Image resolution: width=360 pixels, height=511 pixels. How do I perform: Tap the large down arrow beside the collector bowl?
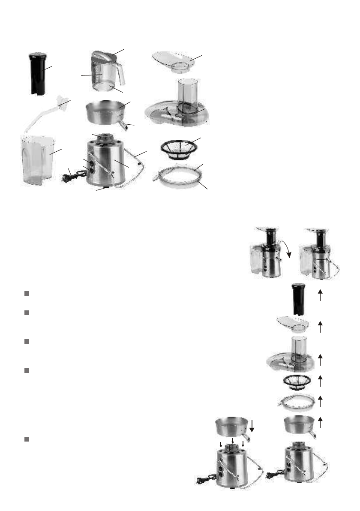pyautogui.click(x=252, y=426)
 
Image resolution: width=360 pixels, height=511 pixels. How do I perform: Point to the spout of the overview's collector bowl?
pyautogui.click(x=125, y=126)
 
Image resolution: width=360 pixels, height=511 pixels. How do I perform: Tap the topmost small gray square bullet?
pyautogui.click(x=27, y=294)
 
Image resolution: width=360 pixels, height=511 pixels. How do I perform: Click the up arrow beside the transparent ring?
pyautogui.click(x=320, y=401)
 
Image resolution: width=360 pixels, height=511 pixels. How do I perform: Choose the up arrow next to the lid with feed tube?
pyautogui.click(x=320, y=360)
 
